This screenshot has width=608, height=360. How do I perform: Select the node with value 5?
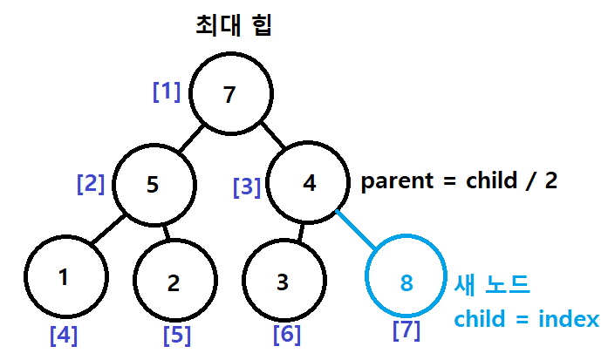153,184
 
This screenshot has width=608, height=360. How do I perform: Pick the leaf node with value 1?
63,278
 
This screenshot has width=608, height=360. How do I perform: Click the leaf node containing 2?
173,282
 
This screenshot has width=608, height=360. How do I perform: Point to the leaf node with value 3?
281,282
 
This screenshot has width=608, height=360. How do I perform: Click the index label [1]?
167,92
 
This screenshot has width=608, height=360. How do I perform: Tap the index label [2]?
91,184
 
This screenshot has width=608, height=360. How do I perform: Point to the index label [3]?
247,187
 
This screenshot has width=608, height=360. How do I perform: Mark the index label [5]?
177,334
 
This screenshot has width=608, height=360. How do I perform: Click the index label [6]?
287,334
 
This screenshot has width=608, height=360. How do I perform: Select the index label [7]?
406,331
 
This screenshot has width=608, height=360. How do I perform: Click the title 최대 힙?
235,24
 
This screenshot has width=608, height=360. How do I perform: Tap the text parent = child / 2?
459,181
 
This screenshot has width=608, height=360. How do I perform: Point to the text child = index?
526,318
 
